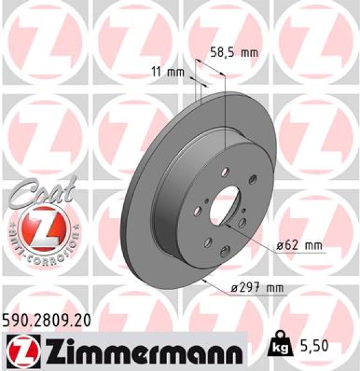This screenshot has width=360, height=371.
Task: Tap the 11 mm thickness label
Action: (x=168, y=72)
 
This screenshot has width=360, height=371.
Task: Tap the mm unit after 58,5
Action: (x=248, y=53)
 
